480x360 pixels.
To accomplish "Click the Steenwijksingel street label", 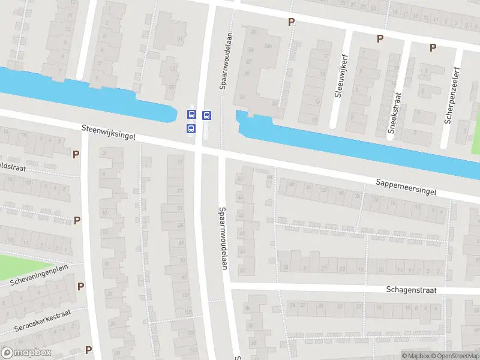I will pyautogui.click(x=109, y=133).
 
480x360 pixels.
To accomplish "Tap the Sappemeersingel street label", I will pyautogui.click(x=406, y=185).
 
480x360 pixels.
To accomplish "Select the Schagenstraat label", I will pyautogui.click(x=410, y=290).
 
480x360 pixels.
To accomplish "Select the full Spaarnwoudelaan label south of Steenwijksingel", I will pyautogui.click(x=222, y=239).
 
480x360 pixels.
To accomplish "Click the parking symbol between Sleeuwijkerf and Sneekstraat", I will pyautogui.click(x=379, y=38).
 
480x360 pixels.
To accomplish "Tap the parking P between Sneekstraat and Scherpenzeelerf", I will pyautogui.click(x=432, y=47).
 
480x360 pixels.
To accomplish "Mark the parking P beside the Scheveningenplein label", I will pyautogui.click(x=80, y=286).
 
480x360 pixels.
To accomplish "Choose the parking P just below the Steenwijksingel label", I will pyautogui.click(x=76, y=154).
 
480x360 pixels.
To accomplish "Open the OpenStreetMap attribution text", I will pyautogui.click(x=454, y=356).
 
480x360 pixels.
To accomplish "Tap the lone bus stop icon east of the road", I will pyautogui.click(x=206, y=115).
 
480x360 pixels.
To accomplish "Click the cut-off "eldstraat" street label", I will pyautogui.click(x=13, y=167).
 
